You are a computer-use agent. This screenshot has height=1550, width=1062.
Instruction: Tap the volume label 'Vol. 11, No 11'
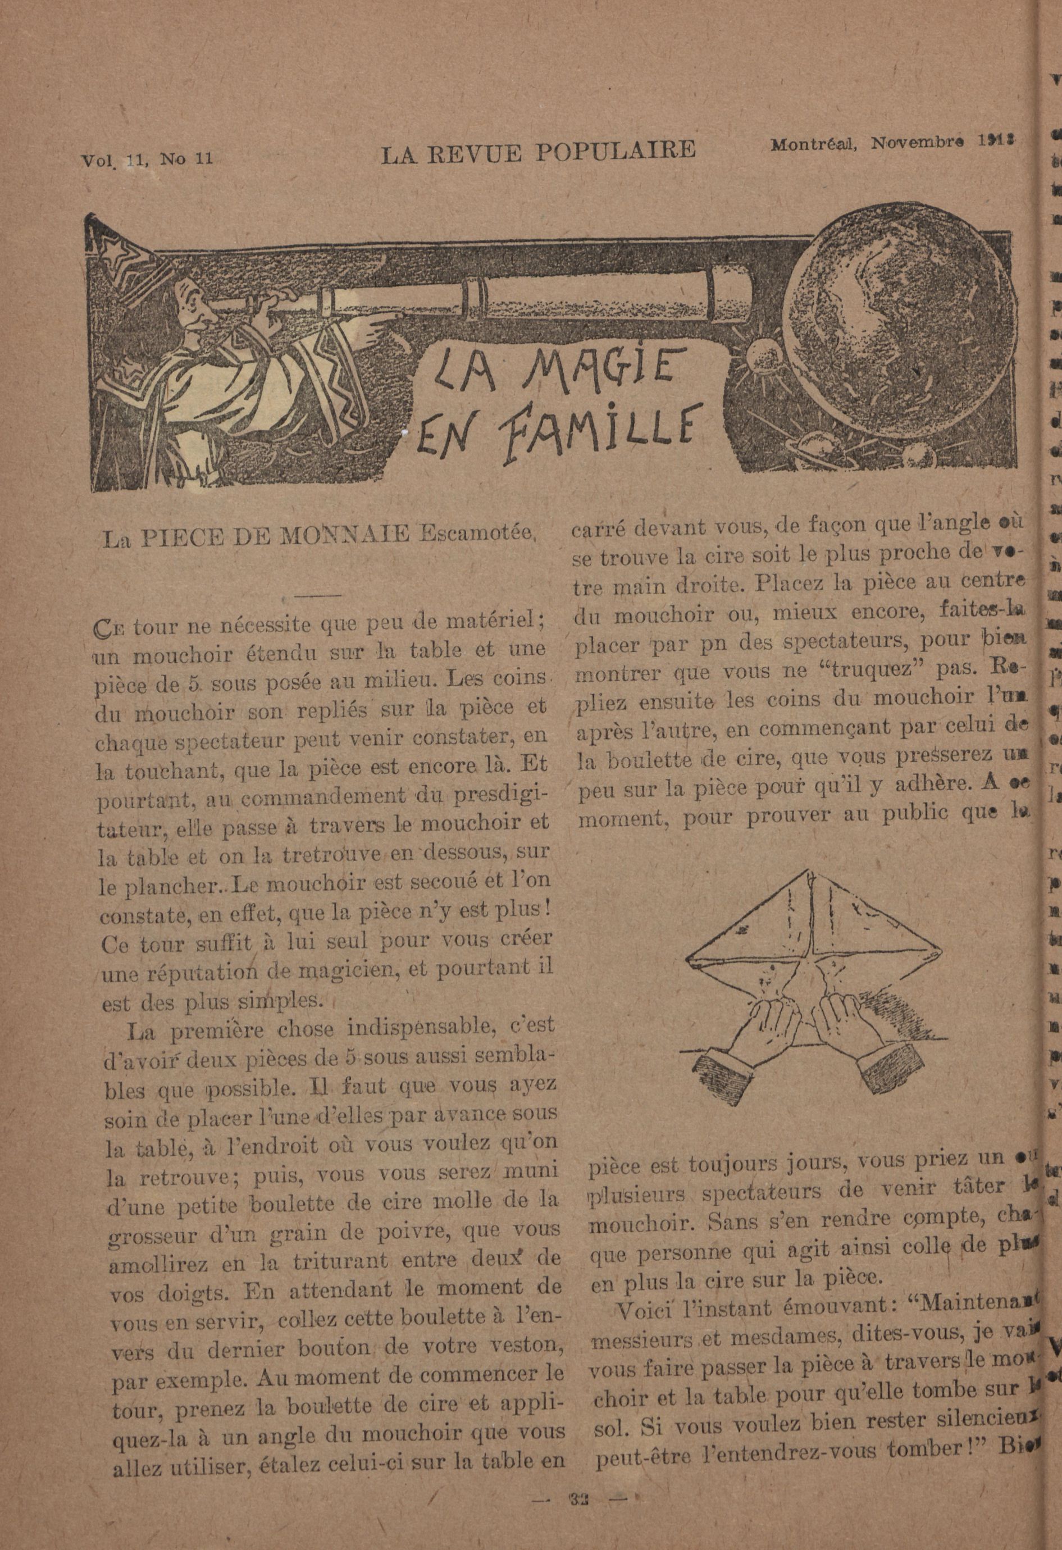pyautogui.click(x=147, y=159)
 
